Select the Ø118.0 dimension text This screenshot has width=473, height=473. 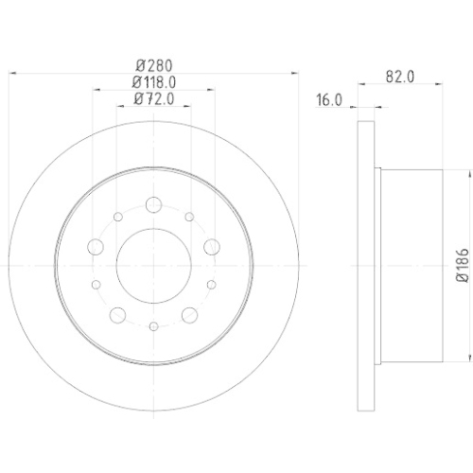tap(154, 81)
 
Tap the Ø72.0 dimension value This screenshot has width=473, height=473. tap(154, 97)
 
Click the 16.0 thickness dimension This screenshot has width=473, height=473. tap(328, 97)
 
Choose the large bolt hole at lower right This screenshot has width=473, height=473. tap(189, 314)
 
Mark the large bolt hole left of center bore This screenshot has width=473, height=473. tap(95, 248)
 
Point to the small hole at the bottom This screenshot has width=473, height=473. tap(153, 325)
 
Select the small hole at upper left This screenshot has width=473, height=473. tap(117, 218)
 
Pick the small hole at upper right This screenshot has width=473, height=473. tap(189, 218)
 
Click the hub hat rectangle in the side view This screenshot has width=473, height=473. tap(411, 264)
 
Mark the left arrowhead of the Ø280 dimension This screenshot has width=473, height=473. tap(12, 74)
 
